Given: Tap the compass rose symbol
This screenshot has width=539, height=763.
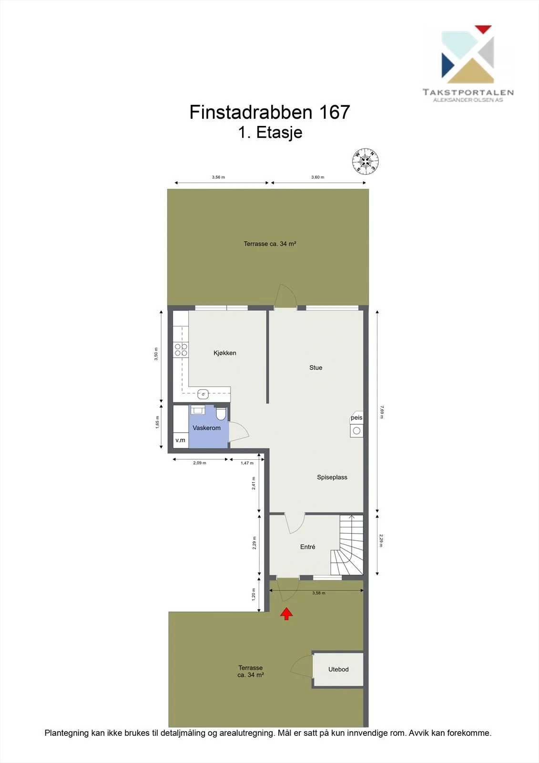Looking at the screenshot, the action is point(366,162).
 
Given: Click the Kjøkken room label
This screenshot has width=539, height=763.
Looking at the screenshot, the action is point(225,353).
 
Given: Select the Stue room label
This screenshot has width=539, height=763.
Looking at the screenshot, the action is point(315,368).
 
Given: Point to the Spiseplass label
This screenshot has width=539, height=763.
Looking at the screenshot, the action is point(332,477).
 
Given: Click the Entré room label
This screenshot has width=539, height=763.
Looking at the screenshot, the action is point(307,546).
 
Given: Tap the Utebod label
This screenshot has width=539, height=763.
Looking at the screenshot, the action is point(338,670).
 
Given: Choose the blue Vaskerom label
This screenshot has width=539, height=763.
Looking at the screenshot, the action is point(206,428).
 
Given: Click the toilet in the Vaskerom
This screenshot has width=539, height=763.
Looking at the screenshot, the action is point(221,413).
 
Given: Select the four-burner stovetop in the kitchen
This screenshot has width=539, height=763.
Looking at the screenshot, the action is point(181,350).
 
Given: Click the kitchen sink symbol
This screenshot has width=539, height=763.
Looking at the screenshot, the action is point(203,394).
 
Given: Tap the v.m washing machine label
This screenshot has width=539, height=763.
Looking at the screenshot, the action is point(181,440).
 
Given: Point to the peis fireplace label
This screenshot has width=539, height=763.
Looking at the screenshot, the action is point(356,418).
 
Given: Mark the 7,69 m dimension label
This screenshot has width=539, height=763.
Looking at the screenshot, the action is point(381,412).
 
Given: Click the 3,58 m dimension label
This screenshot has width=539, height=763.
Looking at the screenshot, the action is point(319,593).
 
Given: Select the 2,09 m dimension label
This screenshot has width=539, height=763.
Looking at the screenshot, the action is point(200,463).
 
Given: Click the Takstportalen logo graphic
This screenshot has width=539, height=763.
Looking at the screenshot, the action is point(468,54).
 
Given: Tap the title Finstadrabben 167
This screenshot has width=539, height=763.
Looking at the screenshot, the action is point(270,112).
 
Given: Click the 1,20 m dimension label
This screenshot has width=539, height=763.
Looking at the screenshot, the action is point(254,594).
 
